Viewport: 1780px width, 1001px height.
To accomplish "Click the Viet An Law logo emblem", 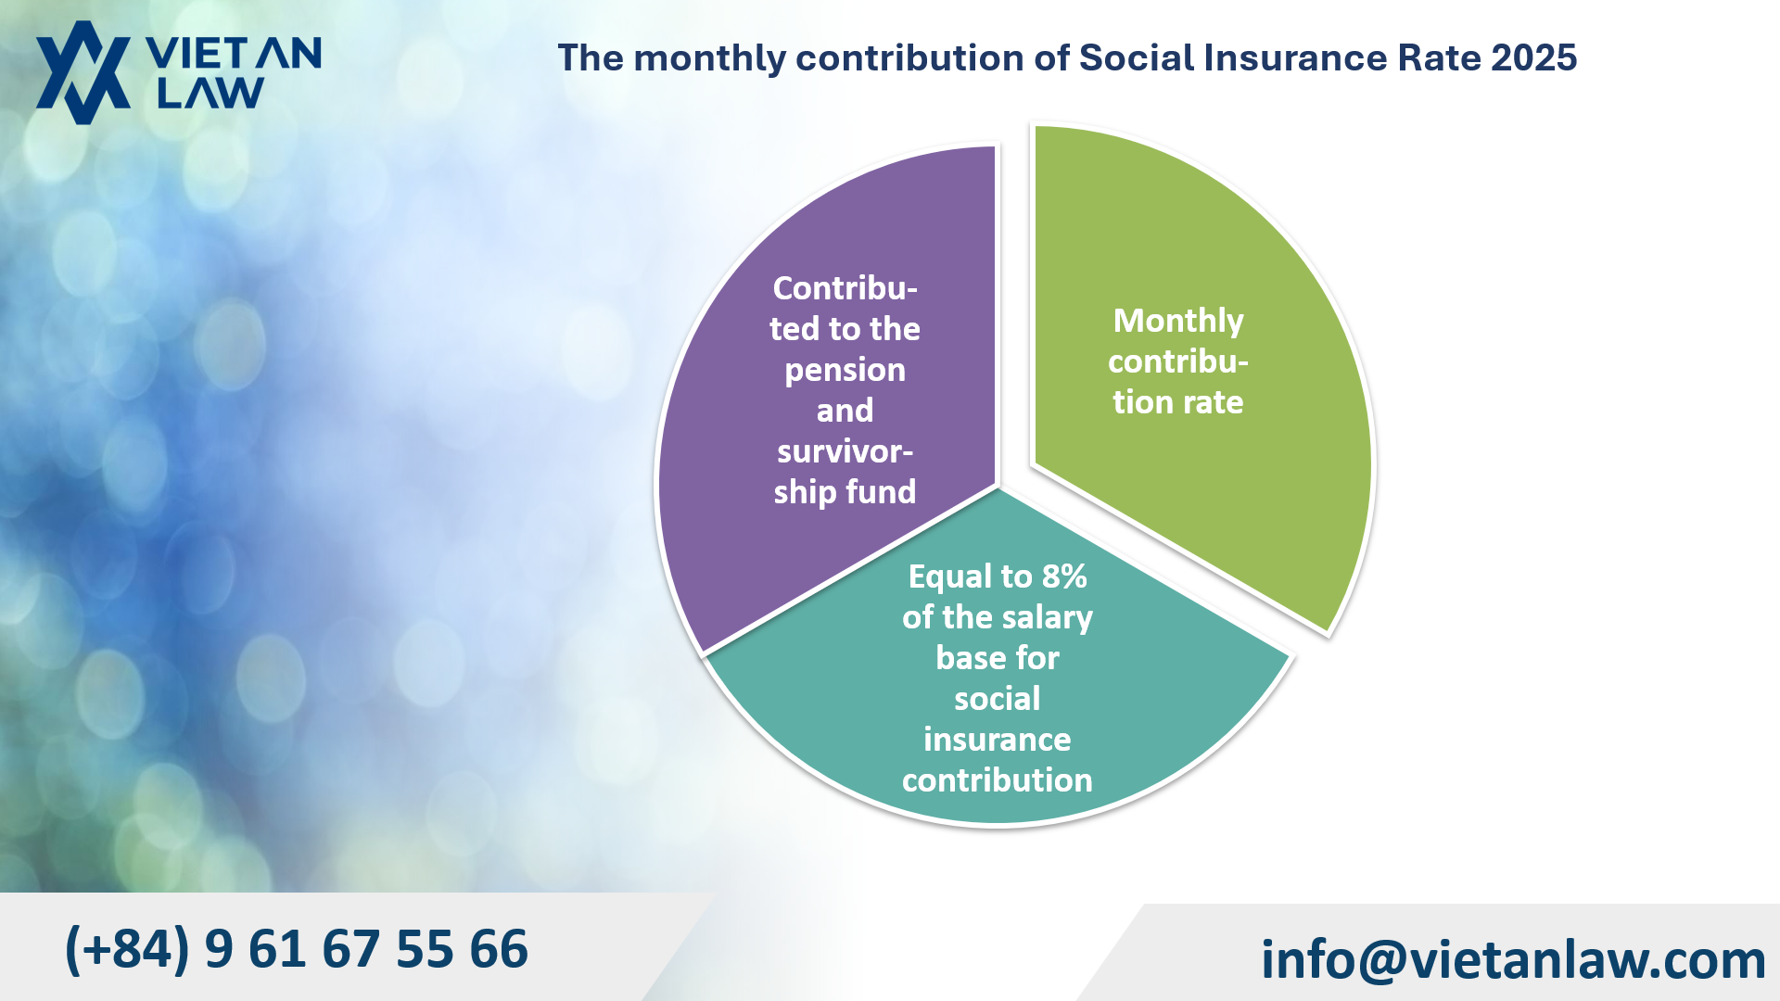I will [83, 72].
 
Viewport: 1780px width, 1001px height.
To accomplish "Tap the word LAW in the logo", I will [210, 94].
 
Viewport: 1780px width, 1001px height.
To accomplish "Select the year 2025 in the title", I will [1533, 57].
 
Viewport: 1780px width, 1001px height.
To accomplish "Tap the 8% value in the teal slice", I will [1063, 577].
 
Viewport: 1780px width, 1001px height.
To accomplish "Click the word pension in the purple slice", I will [845, 370].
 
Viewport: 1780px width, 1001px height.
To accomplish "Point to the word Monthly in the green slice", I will [1177, 321].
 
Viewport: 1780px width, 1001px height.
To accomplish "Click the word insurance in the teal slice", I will [997, 740].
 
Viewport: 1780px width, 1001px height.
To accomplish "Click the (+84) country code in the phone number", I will [127, 949].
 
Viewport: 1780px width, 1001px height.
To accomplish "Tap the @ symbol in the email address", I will [1383, 960].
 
